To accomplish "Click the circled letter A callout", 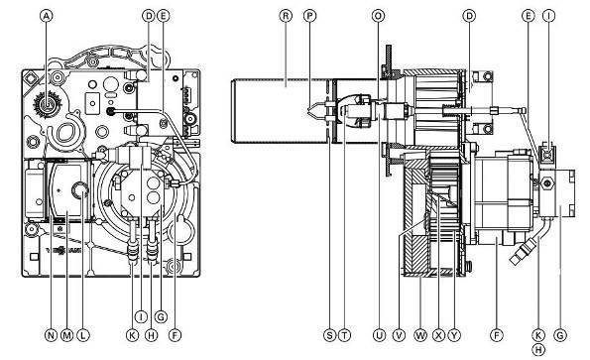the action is click(47, 16).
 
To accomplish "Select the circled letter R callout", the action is click(286, 16).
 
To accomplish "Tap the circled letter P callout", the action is click(309, 16).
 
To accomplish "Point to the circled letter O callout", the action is click(378, 16).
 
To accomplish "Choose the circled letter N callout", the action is click(51, 335).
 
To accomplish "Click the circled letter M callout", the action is click(67, 335).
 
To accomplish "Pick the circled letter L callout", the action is click(83, 335).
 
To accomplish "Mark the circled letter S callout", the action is click(329, 335).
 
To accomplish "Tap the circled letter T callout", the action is click(344, 335).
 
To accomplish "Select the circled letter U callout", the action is click(379, 335).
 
